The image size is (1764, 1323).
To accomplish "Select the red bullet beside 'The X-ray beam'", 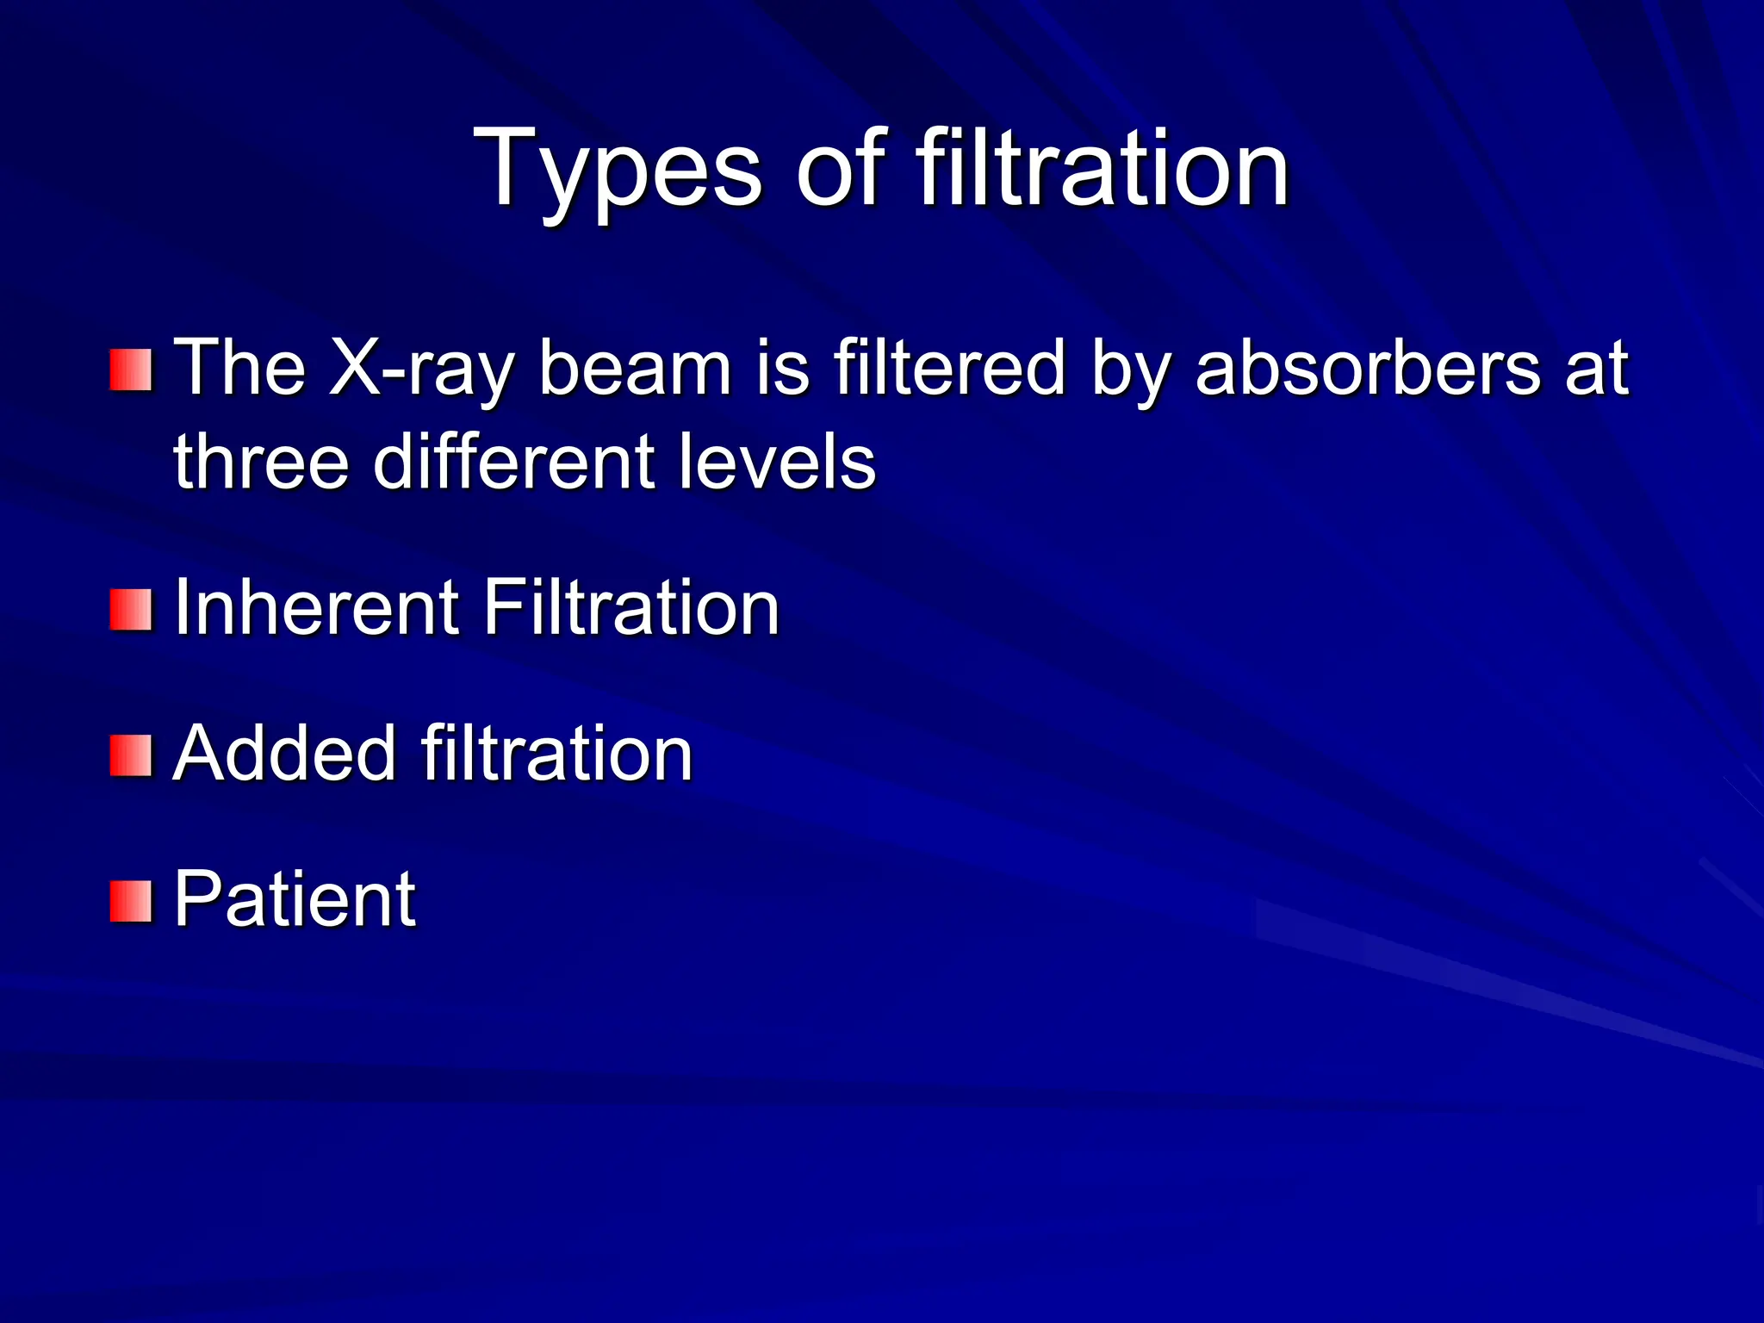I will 131,370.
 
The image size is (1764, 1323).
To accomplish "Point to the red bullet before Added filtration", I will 131,755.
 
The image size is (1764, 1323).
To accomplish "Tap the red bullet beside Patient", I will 131,901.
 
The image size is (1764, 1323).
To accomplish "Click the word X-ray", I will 421,369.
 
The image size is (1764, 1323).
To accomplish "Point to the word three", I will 259,462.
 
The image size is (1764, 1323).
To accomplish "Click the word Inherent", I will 315,607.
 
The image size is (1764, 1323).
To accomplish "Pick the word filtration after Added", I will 556,754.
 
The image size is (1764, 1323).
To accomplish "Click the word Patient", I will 295,899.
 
